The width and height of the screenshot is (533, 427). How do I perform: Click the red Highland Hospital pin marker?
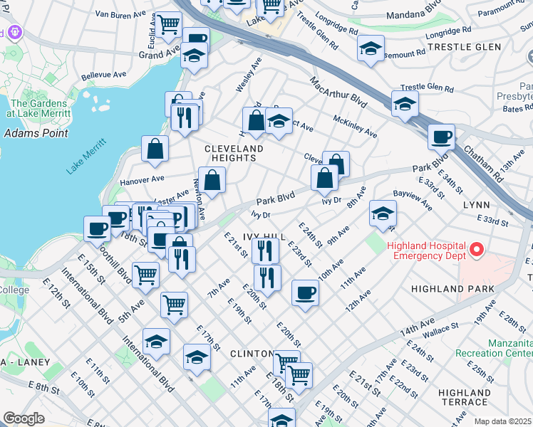tap(477, 250)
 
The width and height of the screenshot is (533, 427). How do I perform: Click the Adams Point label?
tap(36, 133)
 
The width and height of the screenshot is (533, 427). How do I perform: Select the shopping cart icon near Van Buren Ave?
tap(169, 25)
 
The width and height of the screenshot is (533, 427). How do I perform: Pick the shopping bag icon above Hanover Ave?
tap(155, 149)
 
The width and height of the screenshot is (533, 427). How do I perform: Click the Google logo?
tap(24, 418)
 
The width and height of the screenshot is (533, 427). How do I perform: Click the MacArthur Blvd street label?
tap(338, 93)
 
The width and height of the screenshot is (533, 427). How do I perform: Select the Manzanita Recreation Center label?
tap(510, 348)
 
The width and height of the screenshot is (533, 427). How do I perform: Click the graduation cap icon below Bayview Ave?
tap(383, 213)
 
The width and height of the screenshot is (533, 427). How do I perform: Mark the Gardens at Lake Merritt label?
tap(38, 108)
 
